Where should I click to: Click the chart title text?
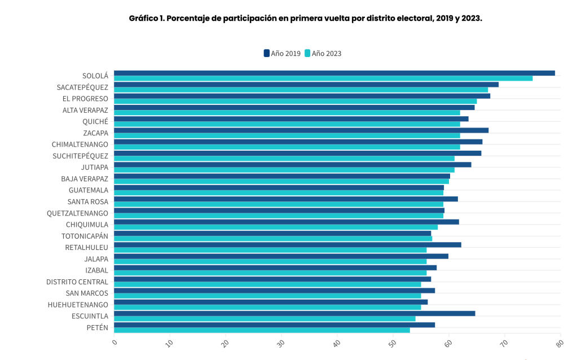click(305, 18)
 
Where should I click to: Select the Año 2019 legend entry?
click(282, 54)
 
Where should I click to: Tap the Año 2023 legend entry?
click(323, 54)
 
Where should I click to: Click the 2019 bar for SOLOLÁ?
click(334, 73)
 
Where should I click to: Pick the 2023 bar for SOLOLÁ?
click(323, 78)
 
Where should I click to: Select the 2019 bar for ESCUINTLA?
click(294, 313)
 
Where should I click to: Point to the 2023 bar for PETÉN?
click(262, 330)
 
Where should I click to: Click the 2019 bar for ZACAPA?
click(301, 130)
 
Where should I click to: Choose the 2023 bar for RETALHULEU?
click(270, 250)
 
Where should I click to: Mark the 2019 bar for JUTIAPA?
click(292, 165)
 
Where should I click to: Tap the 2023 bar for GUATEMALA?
click(279, 193)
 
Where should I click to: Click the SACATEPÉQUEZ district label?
click(82, 87)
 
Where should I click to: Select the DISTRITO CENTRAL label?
click(77, 282)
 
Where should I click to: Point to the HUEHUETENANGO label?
click(77, 305)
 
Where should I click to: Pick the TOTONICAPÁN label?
click(85, 236)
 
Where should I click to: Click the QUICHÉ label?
click(95, 121)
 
